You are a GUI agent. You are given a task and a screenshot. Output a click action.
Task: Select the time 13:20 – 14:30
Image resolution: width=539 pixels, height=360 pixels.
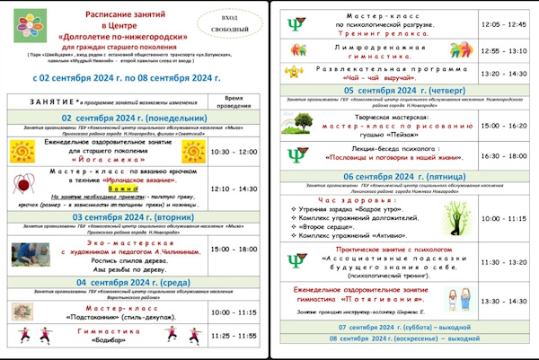[x=504, y=73]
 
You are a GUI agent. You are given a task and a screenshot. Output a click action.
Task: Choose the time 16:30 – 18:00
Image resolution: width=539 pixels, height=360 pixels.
[x=504, y=155]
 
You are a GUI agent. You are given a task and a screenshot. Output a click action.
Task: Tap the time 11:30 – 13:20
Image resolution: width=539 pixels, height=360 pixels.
[x=504, y=262]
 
